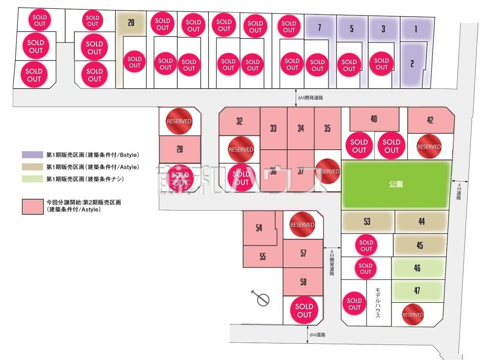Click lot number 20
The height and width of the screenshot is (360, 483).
pos(131,23)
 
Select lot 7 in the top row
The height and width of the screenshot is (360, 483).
pos(319,28)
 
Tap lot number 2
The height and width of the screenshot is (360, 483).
pos(412,64)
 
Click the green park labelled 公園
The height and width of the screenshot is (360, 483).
pos(396,184)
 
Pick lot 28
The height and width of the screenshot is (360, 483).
pos(180,149)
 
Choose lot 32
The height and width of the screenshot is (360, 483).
pos(239,121)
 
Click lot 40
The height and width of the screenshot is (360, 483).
pos(374,119)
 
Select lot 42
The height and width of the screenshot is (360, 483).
pos(430,120)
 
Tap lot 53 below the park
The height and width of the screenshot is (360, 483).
pos(367,221)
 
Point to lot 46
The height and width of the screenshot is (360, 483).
pos(417,268)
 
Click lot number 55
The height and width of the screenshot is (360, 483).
pos(263,257)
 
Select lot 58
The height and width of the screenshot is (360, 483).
pos(303,282)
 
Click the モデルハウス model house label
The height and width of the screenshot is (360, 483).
pos(378,303)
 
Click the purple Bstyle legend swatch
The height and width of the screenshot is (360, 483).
pos(32,155)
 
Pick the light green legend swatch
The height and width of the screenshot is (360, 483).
pos(32,179)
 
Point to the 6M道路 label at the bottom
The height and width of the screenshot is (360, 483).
pos(318,335)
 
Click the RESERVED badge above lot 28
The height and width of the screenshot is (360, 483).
pos(179,121)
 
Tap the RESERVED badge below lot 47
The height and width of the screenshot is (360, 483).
pos(413,315)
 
